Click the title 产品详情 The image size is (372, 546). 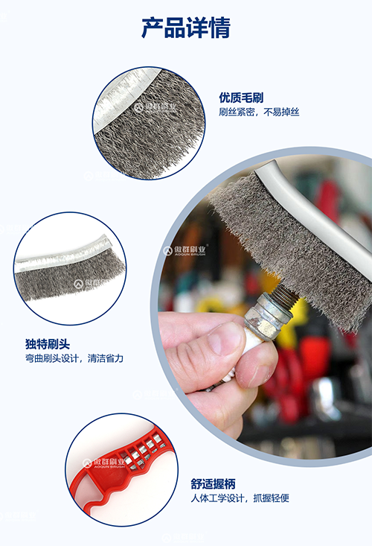point(186,28)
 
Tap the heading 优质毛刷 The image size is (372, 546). point(241,98)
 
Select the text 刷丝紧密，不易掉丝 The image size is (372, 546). point(259,112)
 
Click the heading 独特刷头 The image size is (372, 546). point(48,344)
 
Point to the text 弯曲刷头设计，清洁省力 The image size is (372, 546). point(74,358)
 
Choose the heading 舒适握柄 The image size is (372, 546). point(213,483)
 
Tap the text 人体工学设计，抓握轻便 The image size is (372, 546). point(240,498)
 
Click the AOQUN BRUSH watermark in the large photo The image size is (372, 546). point(185,250)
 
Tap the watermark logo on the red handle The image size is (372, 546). point(103,463)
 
